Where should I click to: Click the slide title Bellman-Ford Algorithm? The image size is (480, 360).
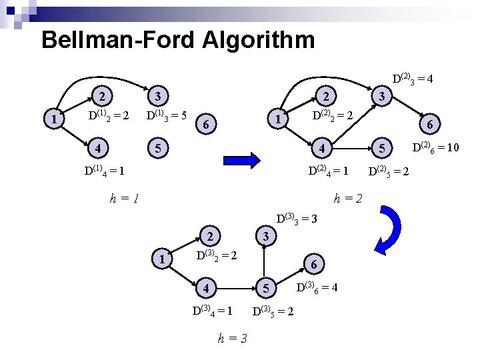(177, 40)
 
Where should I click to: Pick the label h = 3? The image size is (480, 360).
(233, 338)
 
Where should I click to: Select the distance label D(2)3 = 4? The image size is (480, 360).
(413, 79)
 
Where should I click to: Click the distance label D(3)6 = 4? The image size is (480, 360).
(317, 288)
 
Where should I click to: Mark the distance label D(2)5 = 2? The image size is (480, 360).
(389, 172)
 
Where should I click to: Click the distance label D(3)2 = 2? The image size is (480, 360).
(217, 255)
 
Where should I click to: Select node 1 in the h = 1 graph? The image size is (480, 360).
(53, 119)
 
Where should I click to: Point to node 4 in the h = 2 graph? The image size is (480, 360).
(323, 146)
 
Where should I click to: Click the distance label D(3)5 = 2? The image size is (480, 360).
(274, 311)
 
